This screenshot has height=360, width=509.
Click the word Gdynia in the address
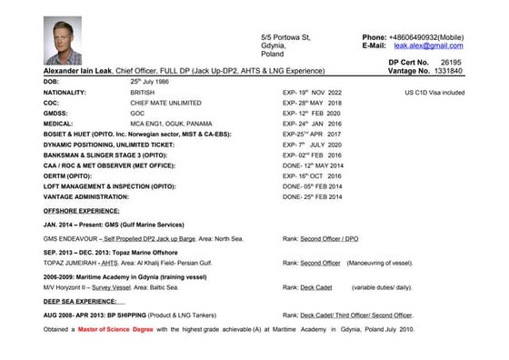274,45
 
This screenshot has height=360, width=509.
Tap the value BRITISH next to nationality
144,92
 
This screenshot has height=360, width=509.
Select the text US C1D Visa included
434,92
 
